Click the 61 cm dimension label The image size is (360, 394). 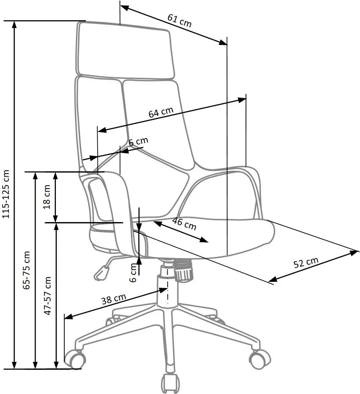(x=180, y=20)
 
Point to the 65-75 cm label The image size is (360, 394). (x=26, y=270)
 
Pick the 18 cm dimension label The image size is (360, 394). (x=47, y=197)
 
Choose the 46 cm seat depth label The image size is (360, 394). (x=184, y=224)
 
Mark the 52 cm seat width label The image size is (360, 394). (x=306, y=263)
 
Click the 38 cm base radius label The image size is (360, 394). (x=114, y=299)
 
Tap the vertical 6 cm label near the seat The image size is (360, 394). (x=133, y=273)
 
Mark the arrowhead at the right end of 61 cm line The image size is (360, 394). (x=223, y=43)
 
